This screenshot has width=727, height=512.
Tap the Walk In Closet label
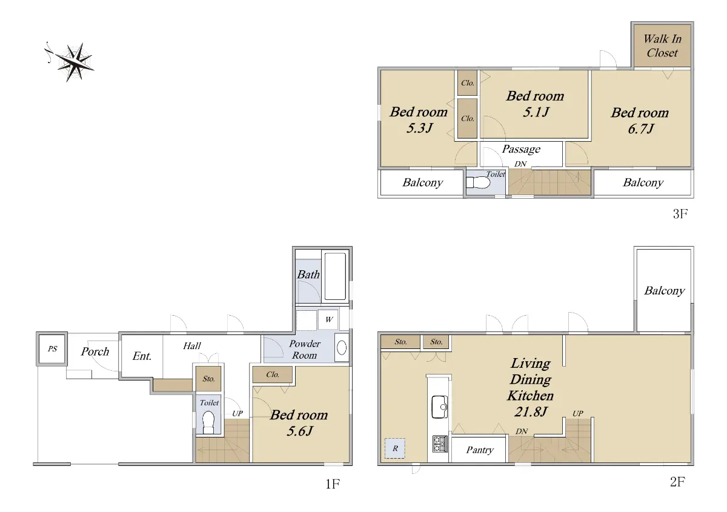(662, 46)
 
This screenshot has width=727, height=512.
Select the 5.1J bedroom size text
(536, 112)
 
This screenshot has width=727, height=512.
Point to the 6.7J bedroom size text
(640, 129)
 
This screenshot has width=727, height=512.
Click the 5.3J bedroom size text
(419, 128)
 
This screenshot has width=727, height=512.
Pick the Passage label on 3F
(521, 149)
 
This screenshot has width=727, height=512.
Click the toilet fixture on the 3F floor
(479, 182)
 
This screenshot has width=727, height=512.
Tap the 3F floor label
(680, 214)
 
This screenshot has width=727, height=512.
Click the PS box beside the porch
(53, 349)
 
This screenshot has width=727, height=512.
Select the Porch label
(95, 351)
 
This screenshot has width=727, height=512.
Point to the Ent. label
(142, 356)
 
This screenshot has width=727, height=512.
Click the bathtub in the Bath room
(335, 276)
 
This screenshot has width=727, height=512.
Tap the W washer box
(328, 319)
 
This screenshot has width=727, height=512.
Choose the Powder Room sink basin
(342, 348)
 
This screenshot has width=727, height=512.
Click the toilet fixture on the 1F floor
(208, 422)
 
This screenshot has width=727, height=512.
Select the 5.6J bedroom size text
(299, 431)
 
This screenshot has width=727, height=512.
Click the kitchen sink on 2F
(440, 407)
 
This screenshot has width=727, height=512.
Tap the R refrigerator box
(395, 448)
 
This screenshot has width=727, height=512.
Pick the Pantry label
(480, 450)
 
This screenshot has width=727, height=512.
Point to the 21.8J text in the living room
(531, 411)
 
